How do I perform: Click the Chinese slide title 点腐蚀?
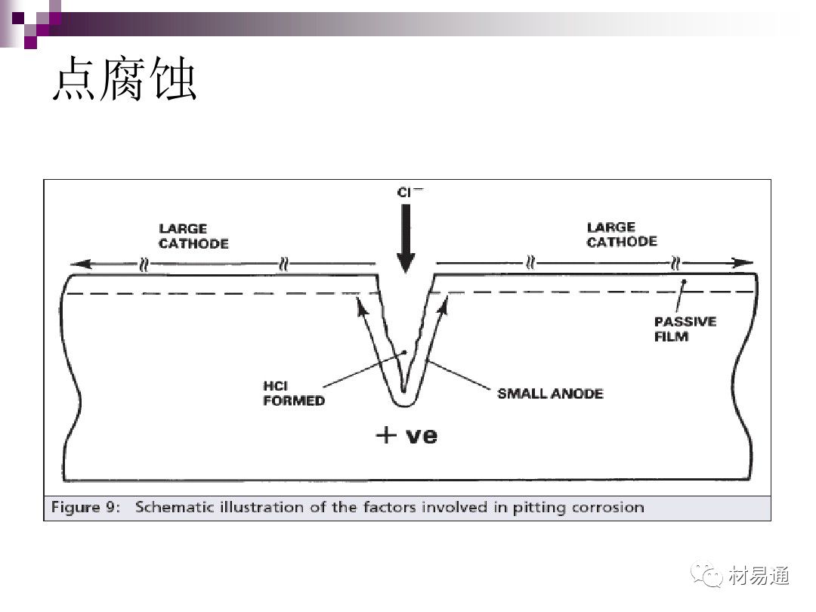coord(125,79)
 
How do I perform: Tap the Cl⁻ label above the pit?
coord(410,192)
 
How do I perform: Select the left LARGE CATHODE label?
coord(193,236)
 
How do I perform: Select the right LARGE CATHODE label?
coord(622,235)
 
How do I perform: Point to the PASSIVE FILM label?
coord(685,329)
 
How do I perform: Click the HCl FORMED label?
coord(294,394)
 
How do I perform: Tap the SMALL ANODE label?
coord(550,394)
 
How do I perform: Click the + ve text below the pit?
coord(406,435)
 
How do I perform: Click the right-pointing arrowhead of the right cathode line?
coord(743,263)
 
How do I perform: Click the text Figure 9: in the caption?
coord(86,508)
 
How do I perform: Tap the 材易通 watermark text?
coord(759,576)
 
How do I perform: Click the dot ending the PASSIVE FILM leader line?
coord(685,282)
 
